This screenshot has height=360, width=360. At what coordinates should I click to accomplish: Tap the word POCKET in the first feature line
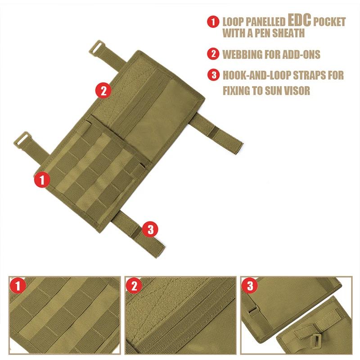tap(329, 22)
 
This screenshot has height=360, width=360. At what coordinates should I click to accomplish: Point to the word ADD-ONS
tap(301, 54)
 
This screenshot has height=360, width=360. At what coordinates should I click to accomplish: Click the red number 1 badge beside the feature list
tap(213, 22)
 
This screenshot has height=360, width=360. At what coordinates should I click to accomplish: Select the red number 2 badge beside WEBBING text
tap(213, 54)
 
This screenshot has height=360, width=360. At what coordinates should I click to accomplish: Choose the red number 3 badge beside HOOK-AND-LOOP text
tap(213, 75)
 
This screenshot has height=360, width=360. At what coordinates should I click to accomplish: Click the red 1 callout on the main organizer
tap(42, 179)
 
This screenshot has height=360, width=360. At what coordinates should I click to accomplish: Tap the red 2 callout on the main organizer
tap(103, 90)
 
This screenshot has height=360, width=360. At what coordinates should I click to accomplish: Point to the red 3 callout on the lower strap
tap(150, 229)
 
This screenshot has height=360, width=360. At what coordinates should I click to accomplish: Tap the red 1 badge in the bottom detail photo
tap(18, 286)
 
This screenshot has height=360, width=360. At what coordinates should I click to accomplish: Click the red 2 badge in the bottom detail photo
tap(134, 286)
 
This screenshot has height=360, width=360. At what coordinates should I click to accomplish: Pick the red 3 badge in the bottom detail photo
tap(250, 286)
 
